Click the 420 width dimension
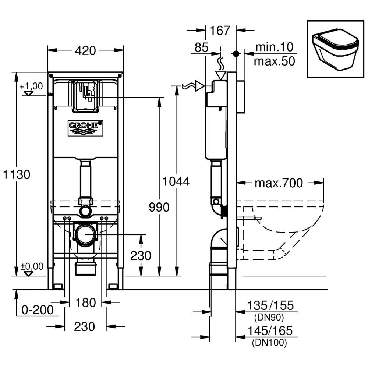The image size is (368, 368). [85, 50]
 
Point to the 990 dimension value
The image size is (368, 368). [159, 207]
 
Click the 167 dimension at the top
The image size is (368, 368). [220, 31]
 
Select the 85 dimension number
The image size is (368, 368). [201, 47]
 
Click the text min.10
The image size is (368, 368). [275, 47]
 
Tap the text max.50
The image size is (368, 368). [275, 61]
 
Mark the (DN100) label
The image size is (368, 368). [269, 343]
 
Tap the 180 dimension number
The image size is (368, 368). [85, 302]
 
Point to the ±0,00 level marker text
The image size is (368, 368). [31, 266]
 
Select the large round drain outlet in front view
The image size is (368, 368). [86, 234]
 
